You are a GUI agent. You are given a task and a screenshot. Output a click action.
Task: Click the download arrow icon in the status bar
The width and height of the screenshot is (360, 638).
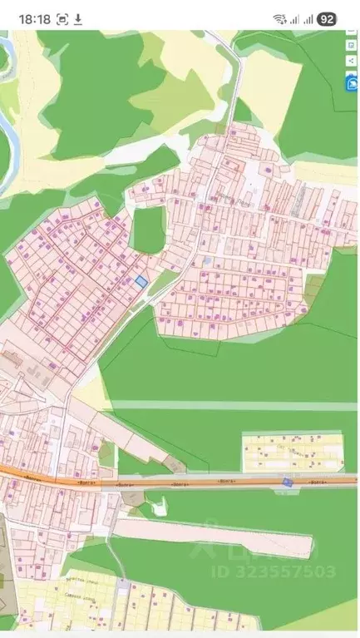[x=78, y=18]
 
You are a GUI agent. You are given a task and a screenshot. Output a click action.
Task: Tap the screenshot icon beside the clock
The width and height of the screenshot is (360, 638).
[x=62, y=18]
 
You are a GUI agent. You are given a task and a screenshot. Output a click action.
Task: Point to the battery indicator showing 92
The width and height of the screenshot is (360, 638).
[x=327, y=18]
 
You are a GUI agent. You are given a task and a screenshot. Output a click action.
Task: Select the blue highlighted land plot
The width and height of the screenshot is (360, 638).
[x=141, y=282]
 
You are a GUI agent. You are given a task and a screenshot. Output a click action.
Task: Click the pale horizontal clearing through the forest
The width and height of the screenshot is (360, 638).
[x=233, y=406]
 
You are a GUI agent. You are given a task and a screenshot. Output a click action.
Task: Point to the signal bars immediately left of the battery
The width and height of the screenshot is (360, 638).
[x=308, y=18]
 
